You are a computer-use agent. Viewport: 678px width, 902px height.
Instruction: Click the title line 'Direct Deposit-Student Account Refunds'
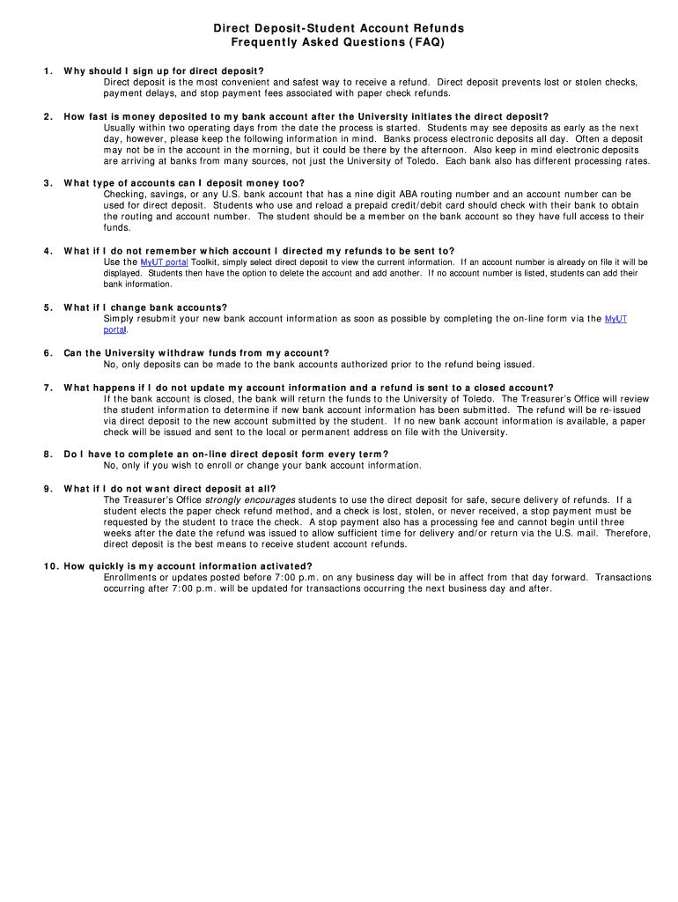[x=338, y=29]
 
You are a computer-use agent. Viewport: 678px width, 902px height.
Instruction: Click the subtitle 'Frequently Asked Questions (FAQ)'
[x=338, y=41]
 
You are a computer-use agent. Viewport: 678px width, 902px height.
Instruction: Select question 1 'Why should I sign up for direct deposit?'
[x=164, y=70]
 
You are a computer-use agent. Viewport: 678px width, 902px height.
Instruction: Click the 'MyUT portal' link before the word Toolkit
[x=164, y=262]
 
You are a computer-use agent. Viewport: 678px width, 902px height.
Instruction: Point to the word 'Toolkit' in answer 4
[x=205, y=262]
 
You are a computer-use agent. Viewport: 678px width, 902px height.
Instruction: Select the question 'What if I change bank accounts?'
[x=145, y=307]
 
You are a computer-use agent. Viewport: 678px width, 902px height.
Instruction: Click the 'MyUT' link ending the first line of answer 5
[x=615, y=319]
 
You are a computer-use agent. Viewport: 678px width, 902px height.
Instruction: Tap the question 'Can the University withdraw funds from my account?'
[x=196, y=353]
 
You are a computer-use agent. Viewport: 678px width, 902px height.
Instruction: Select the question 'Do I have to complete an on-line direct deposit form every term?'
[x=226, y=455]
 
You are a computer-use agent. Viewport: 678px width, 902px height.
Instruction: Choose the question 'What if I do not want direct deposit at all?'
[x=170, y=489]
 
